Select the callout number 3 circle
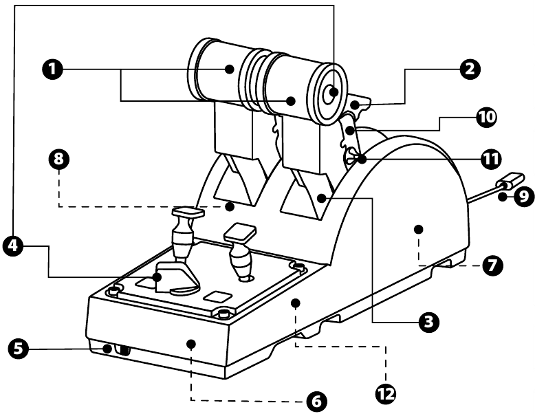(429, 320)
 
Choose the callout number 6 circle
(315, 400)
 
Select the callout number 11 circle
(489, 157)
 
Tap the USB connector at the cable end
(508, 182)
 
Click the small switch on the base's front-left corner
(124, 350)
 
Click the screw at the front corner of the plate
(223, 314)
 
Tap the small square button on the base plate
(216, 296)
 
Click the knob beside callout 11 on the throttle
(352, 159)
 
